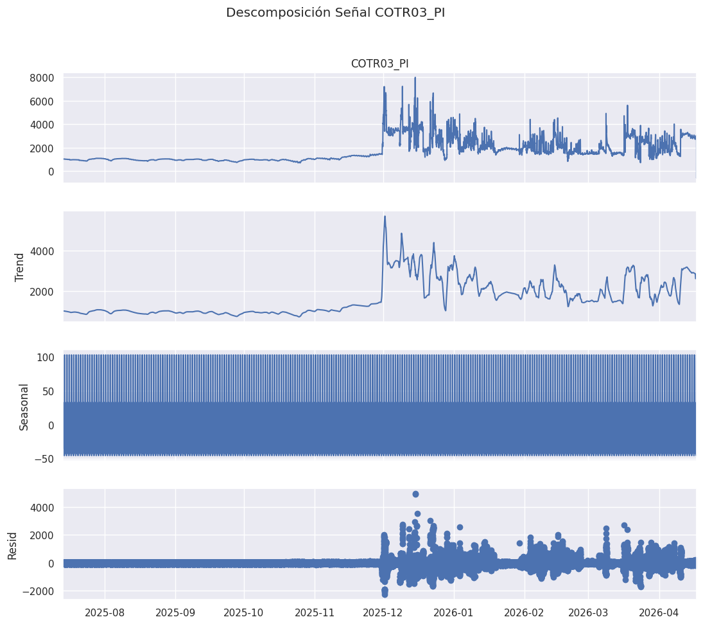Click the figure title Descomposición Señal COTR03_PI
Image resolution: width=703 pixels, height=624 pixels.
pos(335,13)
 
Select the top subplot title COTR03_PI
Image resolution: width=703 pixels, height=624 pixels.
pos(379,64)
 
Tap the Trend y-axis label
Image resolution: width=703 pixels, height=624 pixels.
pos(19,267)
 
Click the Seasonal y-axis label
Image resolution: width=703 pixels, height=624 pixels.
pos(24,407)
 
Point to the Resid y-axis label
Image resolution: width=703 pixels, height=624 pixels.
pos(12,546)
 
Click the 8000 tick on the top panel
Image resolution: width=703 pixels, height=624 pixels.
pos(42,78)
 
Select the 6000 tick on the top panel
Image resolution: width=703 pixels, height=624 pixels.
pos(42,102)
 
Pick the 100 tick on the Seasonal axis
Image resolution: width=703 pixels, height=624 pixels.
pos(46,357)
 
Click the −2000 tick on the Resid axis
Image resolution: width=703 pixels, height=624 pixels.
pos(39,592)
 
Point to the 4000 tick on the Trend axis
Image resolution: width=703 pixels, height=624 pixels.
pos(42,251)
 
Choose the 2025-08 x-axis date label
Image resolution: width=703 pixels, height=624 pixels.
pos(105,612)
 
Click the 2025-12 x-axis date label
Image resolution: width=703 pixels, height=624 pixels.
pos(383,612)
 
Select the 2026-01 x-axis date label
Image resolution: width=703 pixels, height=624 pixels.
pos(454,612)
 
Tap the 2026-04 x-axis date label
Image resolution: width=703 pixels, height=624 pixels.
pos(659,612)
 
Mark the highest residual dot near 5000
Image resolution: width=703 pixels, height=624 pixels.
pos(415,494)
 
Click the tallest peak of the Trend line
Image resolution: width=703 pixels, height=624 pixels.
pos(385,217)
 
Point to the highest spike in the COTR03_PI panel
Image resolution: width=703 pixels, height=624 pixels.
pos(415,78)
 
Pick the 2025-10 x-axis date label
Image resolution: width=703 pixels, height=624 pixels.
pos(244,612)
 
